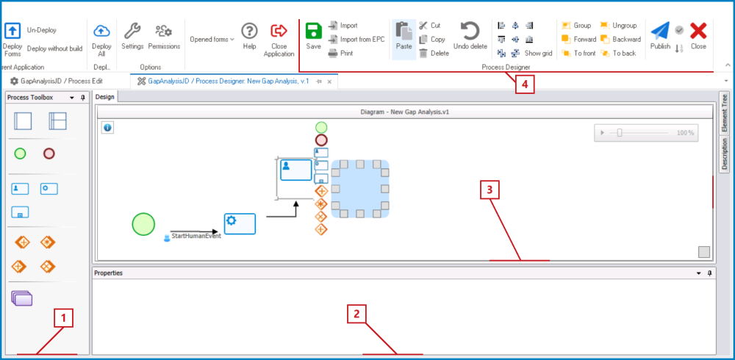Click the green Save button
(x=314, y=36)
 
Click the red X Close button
(x=698, y=36)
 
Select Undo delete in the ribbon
(x=470, y=36)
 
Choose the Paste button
(x=404, y=36)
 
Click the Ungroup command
(x=620, y=25)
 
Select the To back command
(x=618, y=53)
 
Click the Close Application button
(x=279, y=40)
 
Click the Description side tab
(x=724, y=154)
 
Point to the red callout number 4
(x=525, y=84)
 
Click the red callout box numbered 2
(x=356, y=314)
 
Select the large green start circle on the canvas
(x=143, y=223)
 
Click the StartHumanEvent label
(x=196, y=236)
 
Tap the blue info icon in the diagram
(x=108, y=128)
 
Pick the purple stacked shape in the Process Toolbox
(x=22, y=298)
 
